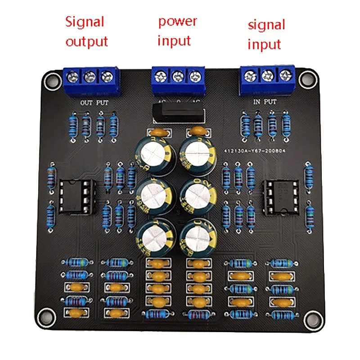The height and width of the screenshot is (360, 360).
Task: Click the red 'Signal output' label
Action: point(86,31)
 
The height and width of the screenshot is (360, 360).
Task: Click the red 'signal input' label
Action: point(266,34)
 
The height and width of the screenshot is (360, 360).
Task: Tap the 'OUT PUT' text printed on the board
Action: point(94,103)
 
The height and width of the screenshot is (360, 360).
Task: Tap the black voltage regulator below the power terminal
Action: point(177,112)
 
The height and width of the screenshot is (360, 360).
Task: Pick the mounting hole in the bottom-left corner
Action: point(45,315)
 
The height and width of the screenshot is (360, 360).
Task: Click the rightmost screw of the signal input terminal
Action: point(283,75)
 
